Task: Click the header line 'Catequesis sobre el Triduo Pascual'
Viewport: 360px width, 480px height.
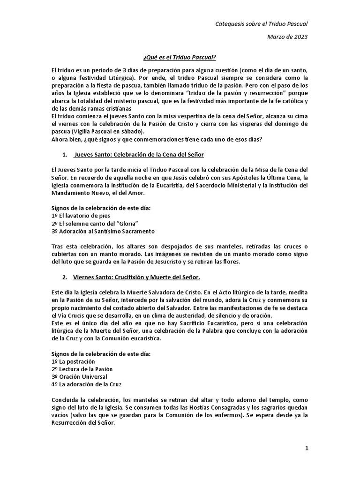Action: click(x=261, y=23)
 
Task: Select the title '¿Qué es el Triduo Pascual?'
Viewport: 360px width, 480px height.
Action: click(x=180, y=57)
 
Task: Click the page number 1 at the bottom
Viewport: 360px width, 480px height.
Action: click(x=307, y=448)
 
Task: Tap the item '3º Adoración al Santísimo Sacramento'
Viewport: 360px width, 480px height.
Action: click(x=103, y=231)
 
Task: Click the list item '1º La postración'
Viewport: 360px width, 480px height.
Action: click(x=73, y=362)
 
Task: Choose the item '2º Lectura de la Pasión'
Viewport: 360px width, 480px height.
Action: click(x=82, y=369)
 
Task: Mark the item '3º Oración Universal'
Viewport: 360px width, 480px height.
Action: click(x=79, y=377)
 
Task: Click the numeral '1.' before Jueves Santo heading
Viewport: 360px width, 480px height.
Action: click(x=65, y=154)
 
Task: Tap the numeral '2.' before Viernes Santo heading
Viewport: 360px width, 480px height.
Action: click(x=65, y=277)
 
